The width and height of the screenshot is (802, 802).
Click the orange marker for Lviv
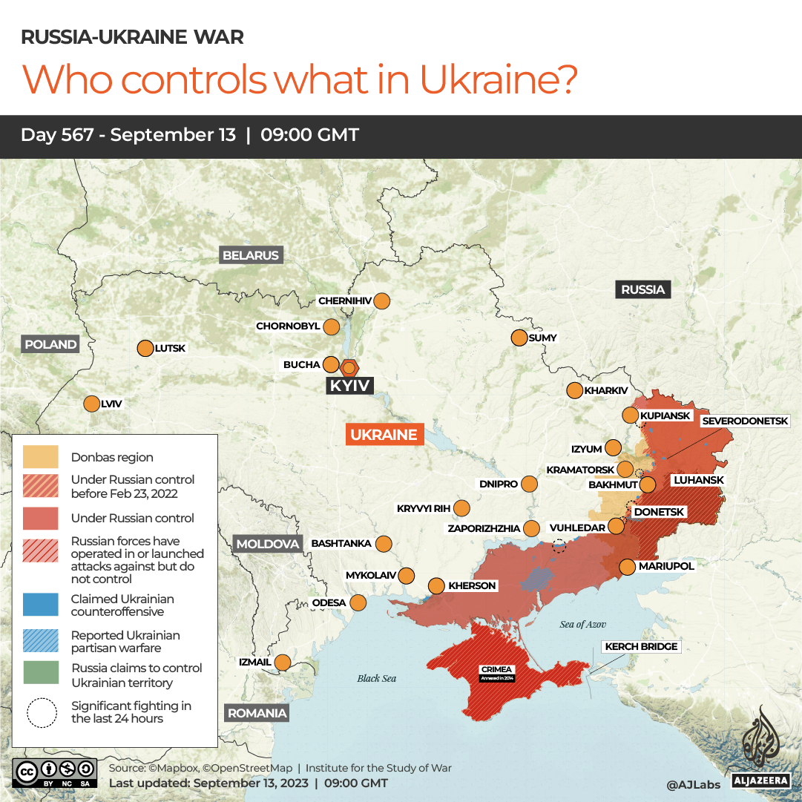coord(91,404)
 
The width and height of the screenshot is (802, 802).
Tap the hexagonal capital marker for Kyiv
coord(349,367)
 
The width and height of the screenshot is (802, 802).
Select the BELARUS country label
coord(251,255)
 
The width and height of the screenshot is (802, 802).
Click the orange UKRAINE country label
coord(384,435)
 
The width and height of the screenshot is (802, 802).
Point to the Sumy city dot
coord(519,338)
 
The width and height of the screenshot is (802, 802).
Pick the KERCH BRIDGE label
coord(641,646)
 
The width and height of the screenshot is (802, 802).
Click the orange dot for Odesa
coord(358,602)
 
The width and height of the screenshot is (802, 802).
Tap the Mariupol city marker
coord(627,566)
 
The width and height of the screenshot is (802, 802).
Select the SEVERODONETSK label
coord(745,421)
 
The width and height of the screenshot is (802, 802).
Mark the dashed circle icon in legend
coord(41,712)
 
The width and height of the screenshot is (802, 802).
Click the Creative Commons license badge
coord(54,772)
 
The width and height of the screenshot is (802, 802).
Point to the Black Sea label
coord(376,678)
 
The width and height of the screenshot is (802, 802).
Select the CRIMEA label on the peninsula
coord(496,669)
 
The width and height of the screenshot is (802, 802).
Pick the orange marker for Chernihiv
coord(382,301)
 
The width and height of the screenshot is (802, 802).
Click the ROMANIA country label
coord(257,713)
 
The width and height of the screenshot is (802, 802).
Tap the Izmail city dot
coord(283,662)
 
